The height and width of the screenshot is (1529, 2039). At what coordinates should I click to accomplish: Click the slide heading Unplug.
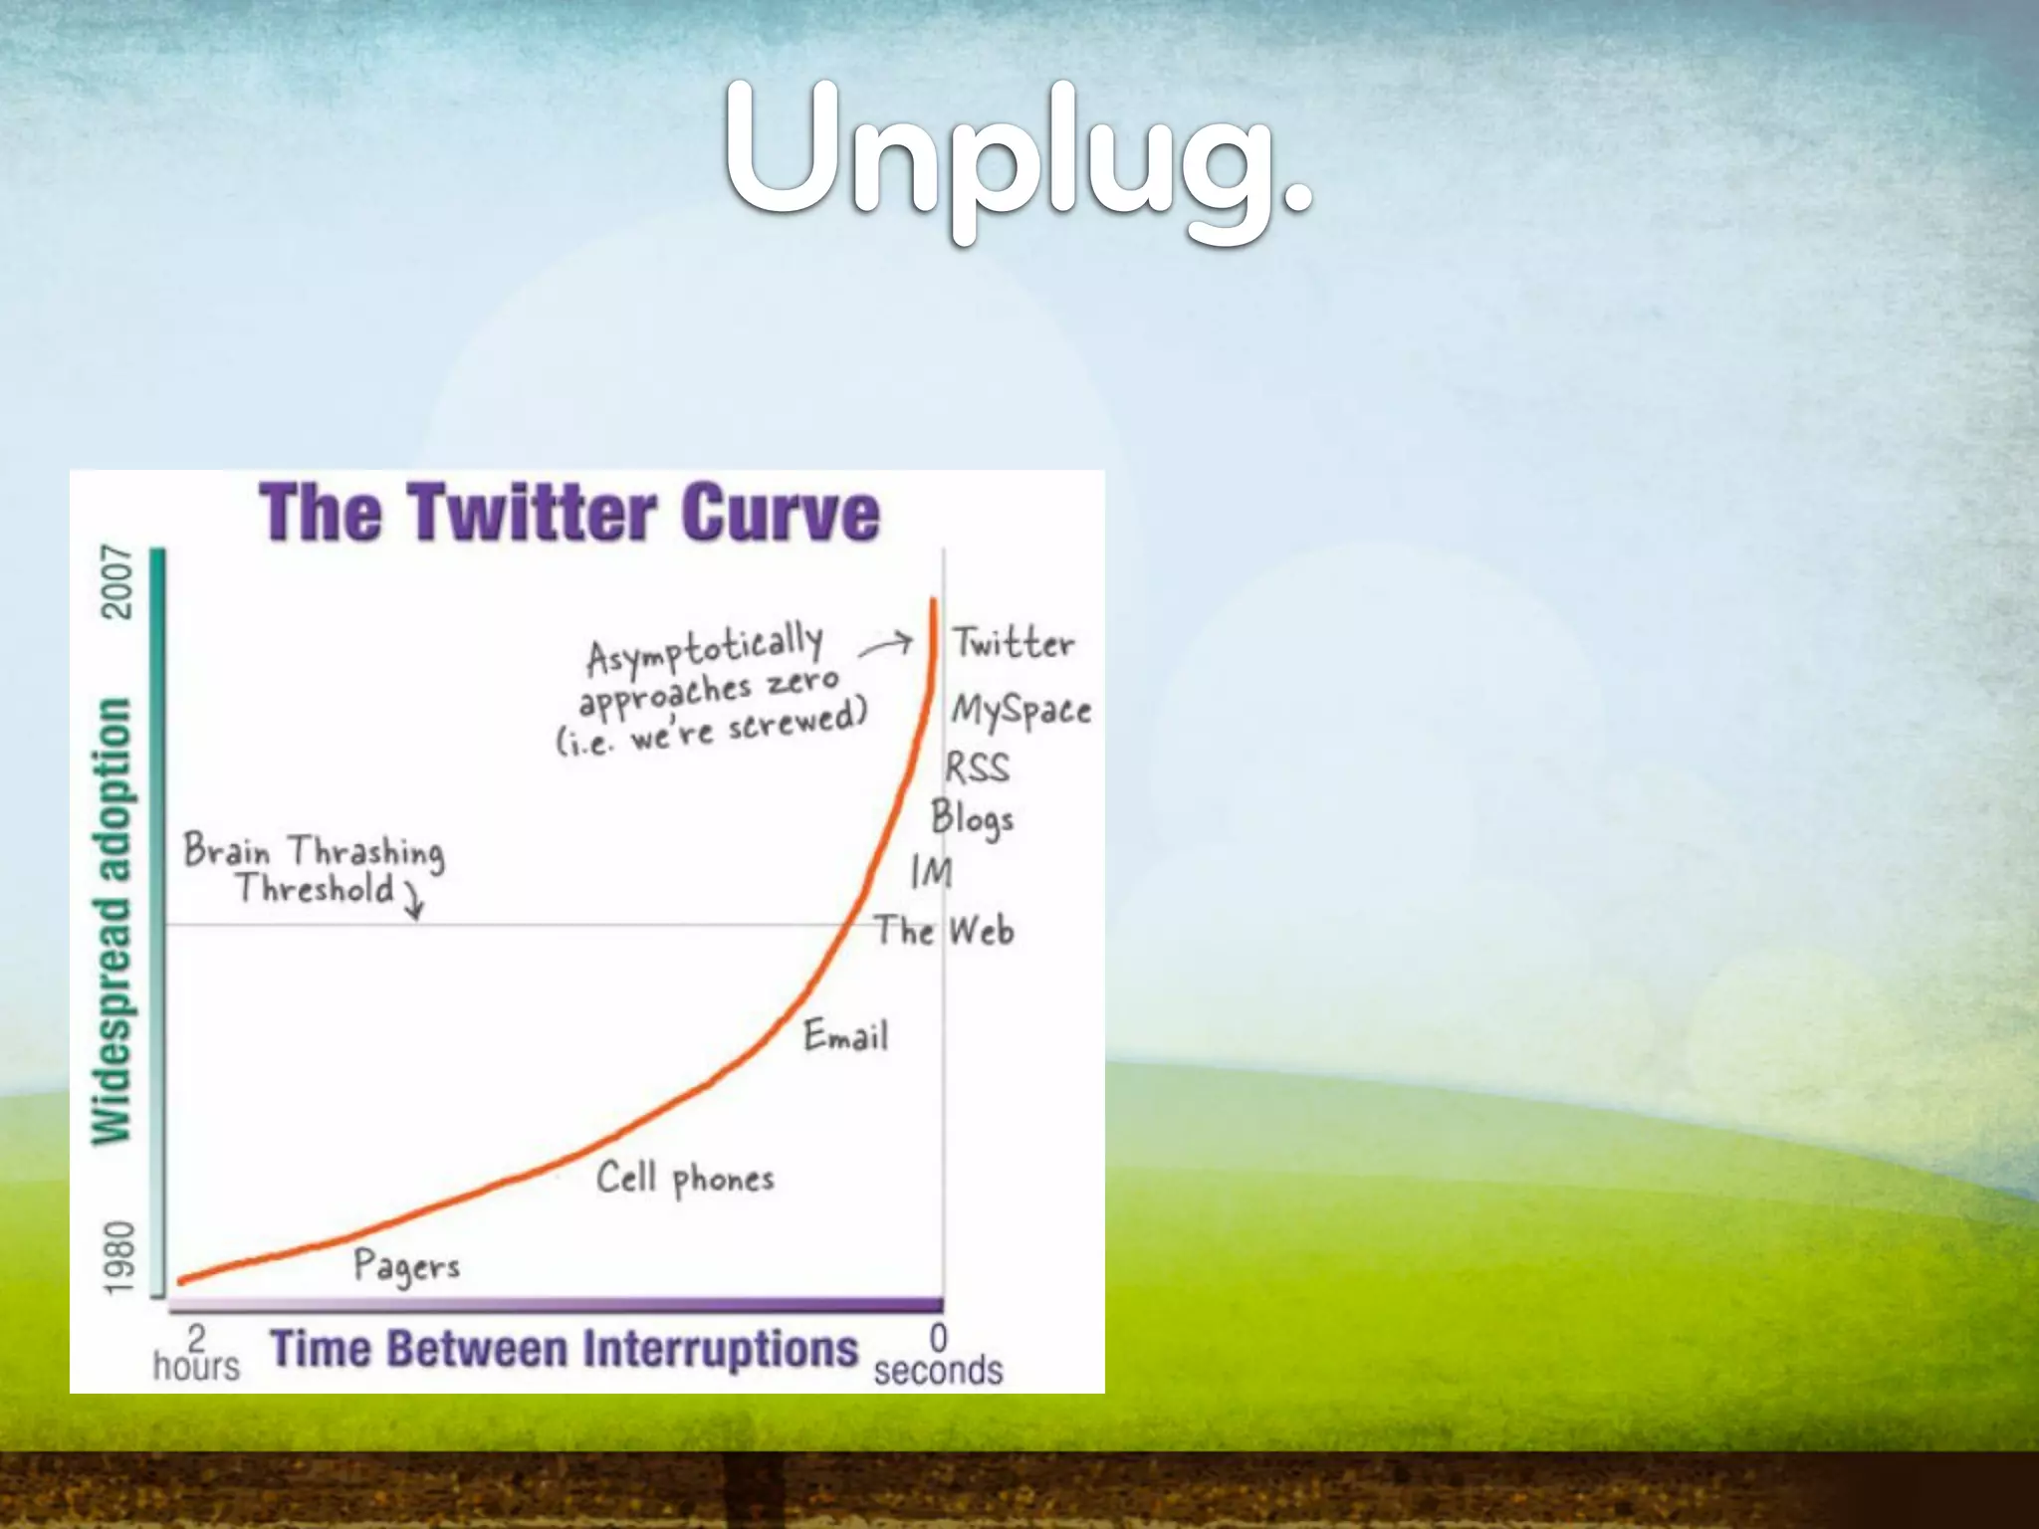(1018, 159)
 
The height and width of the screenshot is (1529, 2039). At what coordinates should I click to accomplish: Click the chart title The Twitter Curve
(569, 514)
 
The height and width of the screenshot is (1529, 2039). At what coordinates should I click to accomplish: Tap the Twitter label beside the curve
(1014, 643)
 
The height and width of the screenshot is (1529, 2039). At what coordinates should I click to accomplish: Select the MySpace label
(1020, 711)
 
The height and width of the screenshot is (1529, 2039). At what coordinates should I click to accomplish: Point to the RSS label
(977, 767)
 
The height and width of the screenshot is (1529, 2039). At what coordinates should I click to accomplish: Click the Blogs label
(972, 819)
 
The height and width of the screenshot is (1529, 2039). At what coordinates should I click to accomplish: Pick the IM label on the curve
(932, 873)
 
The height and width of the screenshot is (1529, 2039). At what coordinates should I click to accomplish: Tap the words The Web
(944, 931)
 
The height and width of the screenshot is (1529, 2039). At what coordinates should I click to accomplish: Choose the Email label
(845, 1036)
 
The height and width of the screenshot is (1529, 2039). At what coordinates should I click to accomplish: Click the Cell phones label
(685, 1180)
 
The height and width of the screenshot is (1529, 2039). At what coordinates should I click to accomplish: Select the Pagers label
(406, 1266)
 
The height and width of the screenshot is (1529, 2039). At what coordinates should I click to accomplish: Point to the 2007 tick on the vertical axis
(118, 581)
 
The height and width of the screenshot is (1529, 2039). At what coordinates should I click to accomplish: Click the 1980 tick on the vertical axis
(118, 1258)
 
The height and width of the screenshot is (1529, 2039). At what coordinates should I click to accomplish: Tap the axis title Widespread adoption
(112, 921)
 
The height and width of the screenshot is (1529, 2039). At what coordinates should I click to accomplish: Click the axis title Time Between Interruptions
(564, 1350)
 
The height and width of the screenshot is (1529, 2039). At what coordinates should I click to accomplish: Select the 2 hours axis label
(196, 1354)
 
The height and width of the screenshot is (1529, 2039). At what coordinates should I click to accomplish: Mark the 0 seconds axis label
(938, 1356)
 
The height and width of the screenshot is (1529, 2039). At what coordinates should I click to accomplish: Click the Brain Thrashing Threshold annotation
(314, 869)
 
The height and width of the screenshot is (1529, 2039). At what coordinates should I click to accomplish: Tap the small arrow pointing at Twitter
(886, 645)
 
